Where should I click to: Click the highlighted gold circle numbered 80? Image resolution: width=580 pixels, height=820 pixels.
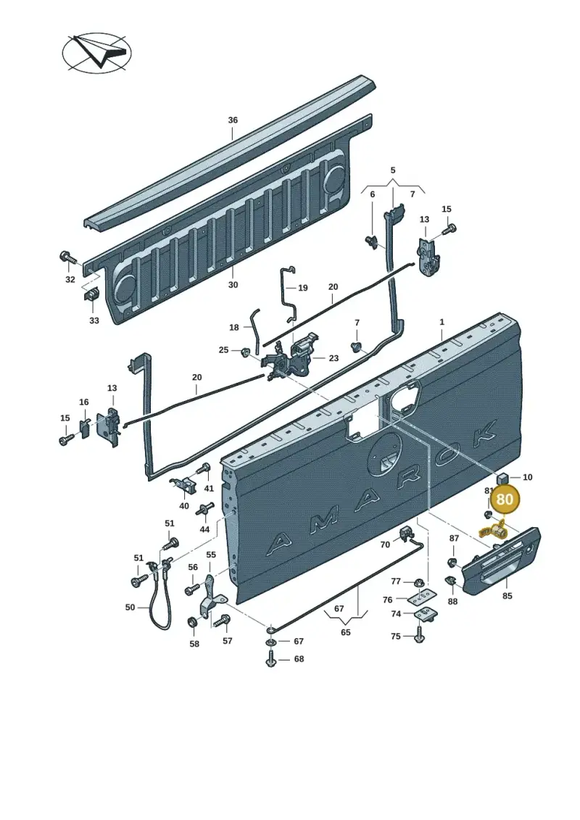[504, 499]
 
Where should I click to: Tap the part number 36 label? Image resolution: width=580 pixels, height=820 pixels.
[233, 120]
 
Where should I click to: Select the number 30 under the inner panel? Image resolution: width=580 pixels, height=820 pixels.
[233, 285]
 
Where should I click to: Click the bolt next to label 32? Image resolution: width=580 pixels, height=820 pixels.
[68, 258]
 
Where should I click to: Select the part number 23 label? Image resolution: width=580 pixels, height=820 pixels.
[333, 358]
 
